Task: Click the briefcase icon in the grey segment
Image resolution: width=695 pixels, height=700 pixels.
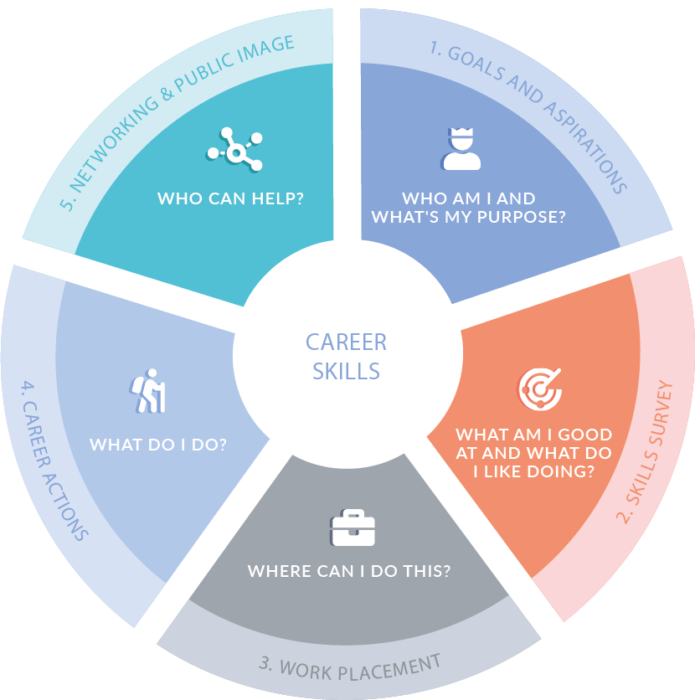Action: click(x=353, y=528)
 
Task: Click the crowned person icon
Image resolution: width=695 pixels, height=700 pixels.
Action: click(x=461, y=148)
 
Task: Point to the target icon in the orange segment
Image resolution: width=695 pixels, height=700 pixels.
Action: click(x=536, y=387)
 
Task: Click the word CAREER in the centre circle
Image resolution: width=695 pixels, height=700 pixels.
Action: click(x=346, y=342)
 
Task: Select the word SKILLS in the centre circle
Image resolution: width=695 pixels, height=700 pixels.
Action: click(x=346, y=370)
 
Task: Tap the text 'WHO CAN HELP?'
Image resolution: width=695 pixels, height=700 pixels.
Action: click(x=230, y=199)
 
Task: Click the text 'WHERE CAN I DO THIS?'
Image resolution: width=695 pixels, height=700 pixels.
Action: click(x=349, y=572)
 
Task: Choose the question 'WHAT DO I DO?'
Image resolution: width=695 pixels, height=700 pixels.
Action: click(x=158, y=444)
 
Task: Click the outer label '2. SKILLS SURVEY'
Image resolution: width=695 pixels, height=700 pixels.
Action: click(x=646, y=452)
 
